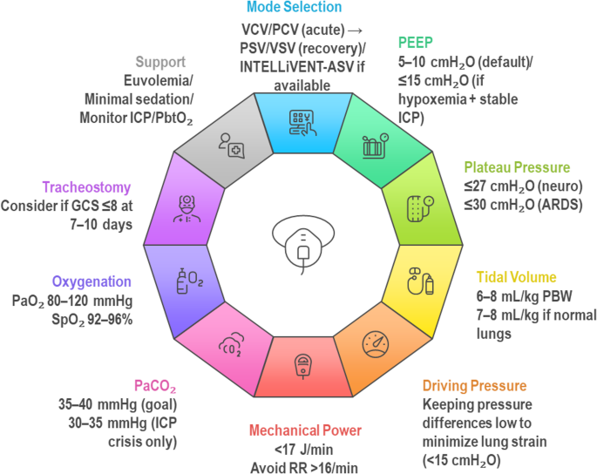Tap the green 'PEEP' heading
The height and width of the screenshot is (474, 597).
417,42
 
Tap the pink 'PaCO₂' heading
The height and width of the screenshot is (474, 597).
154,383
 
